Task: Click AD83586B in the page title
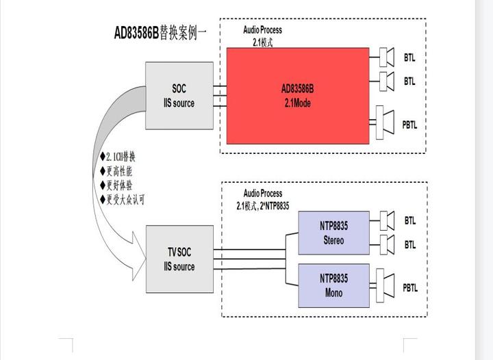(x=136, y=33)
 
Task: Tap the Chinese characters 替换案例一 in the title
(x=183, y=33)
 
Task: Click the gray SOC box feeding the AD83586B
(x=179, y=97)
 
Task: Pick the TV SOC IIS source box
(x=179, y=259)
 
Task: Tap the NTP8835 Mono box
(x=333, y=285)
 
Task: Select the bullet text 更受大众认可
(x=125, y=200)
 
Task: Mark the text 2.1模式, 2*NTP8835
(x=263, y=205)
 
